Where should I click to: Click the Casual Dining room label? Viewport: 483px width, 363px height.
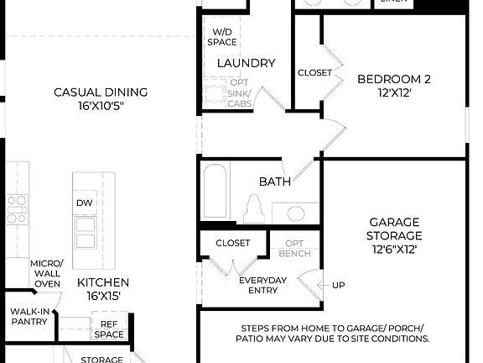101,98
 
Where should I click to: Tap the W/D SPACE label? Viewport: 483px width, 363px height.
223,36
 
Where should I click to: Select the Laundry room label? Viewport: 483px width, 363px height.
246,63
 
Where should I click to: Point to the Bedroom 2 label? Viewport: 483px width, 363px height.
393,86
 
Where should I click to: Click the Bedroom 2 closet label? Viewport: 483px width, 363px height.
314,73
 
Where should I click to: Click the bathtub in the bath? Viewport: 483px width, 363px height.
215,194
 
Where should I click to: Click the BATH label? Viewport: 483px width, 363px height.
274,181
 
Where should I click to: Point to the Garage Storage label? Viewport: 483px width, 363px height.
394,235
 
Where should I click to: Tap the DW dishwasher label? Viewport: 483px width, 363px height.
84,203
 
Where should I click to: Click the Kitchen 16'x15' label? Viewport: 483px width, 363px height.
103,289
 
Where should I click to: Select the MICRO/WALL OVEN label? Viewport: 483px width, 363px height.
46,273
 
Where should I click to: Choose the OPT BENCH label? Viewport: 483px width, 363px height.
294,248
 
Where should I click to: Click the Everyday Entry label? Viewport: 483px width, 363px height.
262,285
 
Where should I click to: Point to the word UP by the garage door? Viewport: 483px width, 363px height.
338,285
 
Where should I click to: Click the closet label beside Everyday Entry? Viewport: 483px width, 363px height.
232,243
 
